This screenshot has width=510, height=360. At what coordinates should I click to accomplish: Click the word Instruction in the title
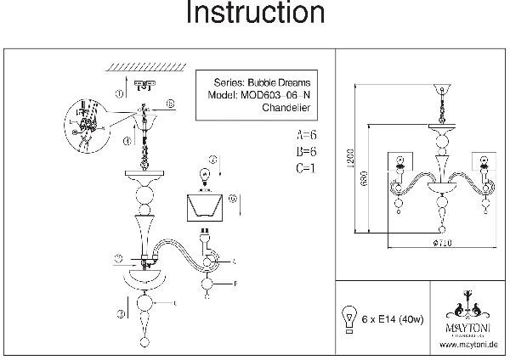pos(254,14)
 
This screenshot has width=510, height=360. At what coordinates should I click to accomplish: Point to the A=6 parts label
pos(308,135)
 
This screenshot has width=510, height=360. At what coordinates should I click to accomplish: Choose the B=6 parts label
pos(308,151)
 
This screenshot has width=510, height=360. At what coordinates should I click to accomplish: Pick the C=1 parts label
pos(308,168)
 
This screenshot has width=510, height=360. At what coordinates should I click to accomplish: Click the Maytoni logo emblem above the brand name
pos(468,305)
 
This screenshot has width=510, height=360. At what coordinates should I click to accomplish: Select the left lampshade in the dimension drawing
pos(397,161)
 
